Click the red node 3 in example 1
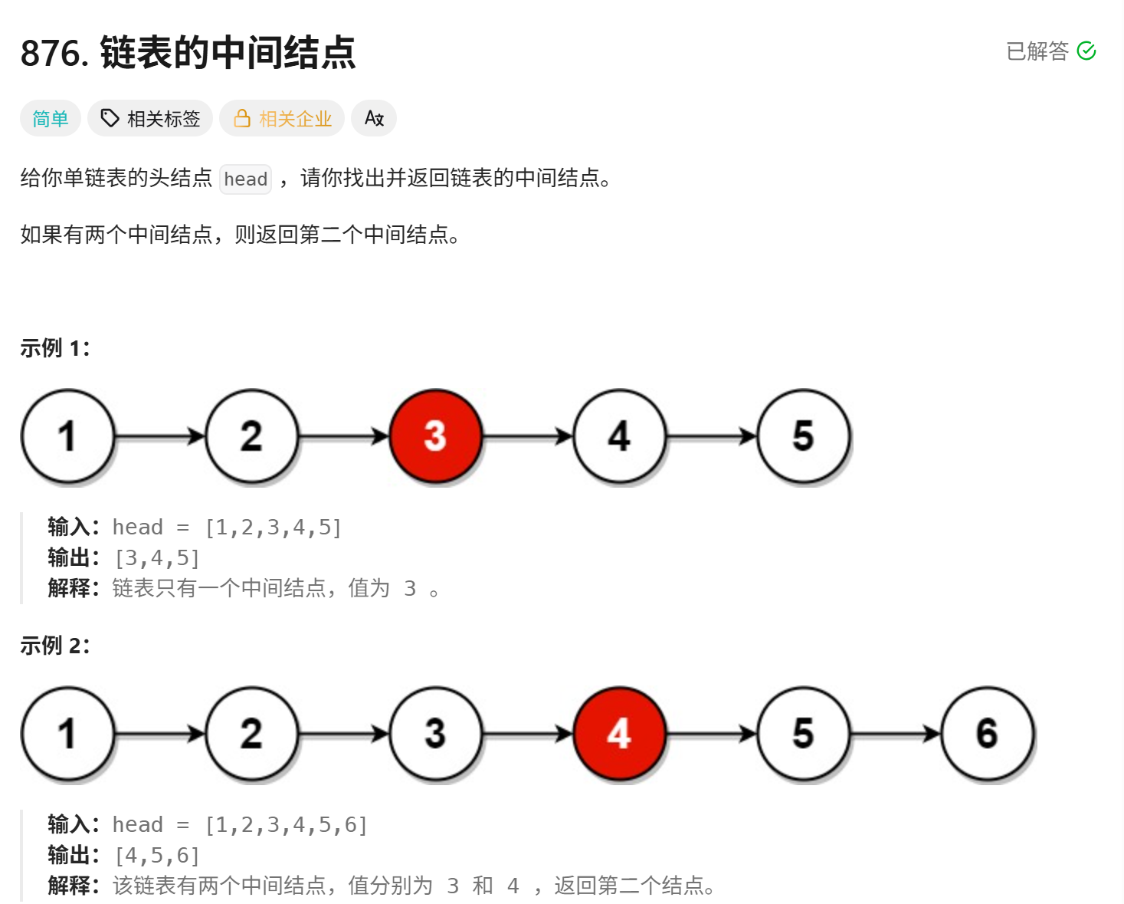point(436,436)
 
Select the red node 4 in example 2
point(619,733)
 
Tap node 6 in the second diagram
point(987,733)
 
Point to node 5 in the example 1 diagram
point(803,436)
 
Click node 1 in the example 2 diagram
point(68,733)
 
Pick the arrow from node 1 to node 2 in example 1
point(160,436)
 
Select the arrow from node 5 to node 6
point(895,733)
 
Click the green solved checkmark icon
point(1086,51)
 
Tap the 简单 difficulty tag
point(50,118)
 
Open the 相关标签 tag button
point(150,118)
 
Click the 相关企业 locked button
point(281,118)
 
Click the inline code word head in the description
point(245,179)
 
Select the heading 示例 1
point(55,347)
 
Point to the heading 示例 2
point(55,645)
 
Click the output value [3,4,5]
point(157,558)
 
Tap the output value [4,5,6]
point(157,856)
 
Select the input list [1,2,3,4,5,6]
point(287,824)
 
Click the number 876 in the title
point(51,53)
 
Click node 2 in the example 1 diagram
point(252,436)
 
